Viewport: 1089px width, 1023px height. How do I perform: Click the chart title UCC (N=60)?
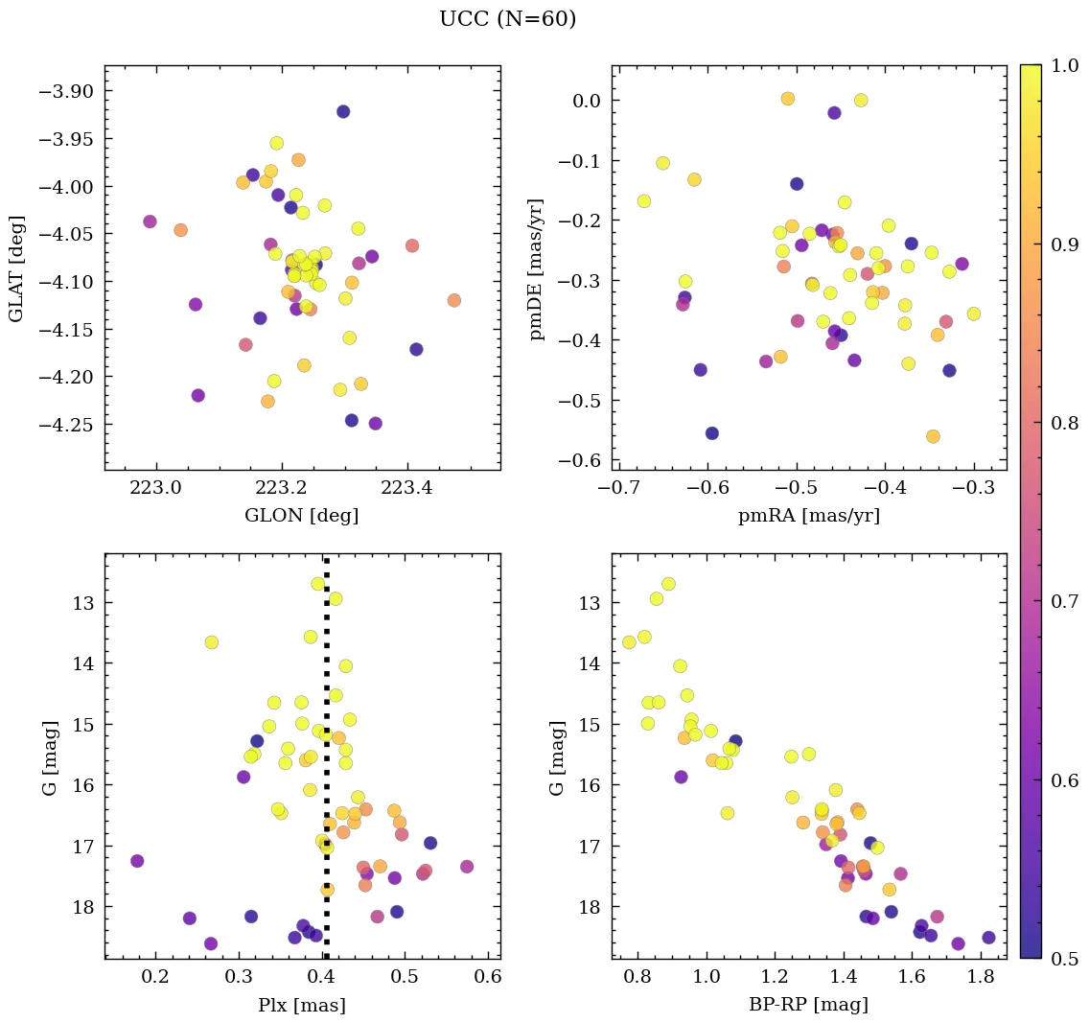click(507, 19)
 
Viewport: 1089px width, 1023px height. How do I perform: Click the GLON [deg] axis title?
click(302, 516)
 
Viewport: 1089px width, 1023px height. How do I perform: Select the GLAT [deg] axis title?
click(16, 268)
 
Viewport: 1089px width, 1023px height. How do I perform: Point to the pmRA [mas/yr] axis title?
click(809, 516)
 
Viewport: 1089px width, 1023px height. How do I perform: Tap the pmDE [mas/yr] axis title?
click(538, 268)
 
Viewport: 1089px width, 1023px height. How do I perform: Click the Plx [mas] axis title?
click(302, 1005)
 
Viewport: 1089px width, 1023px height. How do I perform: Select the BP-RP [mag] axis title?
click(809, 1005)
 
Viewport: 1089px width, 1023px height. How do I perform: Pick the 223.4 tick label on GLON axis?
click(407, 488)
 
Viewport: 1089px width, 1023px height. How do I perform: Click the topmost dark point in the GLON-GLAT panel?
click(343, 112)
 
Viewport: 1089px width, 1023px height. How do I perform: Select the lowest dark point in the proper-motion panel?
click(712, 433)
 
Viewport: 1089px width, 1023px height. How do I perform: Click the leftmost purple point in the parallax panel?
click(137, 861)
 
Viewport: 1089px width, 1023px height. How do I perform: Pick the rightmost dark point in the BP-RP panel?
click(988, 938)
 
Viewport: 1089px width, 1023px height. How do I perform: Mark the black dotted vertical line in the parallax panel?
click(327, 767)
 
